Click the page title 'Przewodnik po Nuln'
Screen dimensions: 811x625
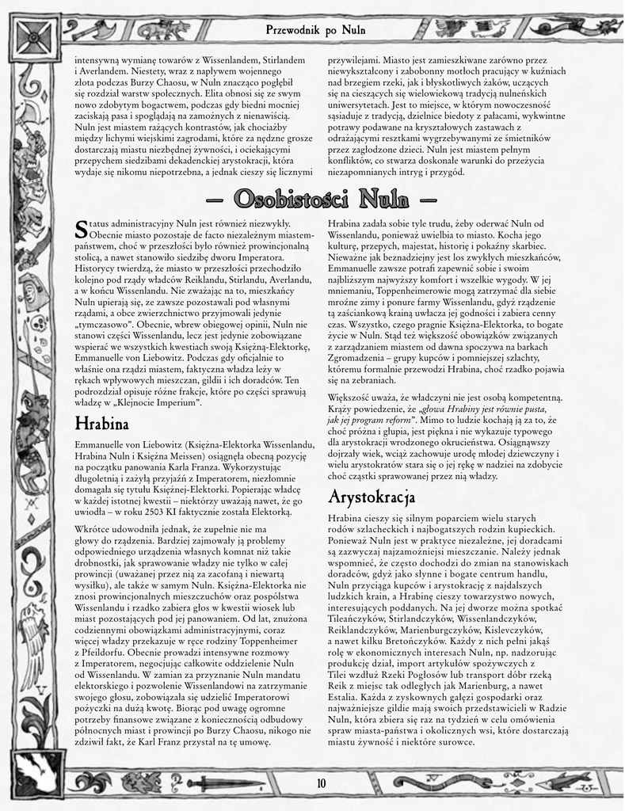[315, 30]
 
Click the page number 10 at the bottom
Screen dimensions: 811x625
[321, 783]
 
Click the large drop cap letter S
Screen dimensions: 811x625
[80, 230]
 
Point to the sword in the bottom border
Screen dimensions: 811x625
[223, 783]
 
